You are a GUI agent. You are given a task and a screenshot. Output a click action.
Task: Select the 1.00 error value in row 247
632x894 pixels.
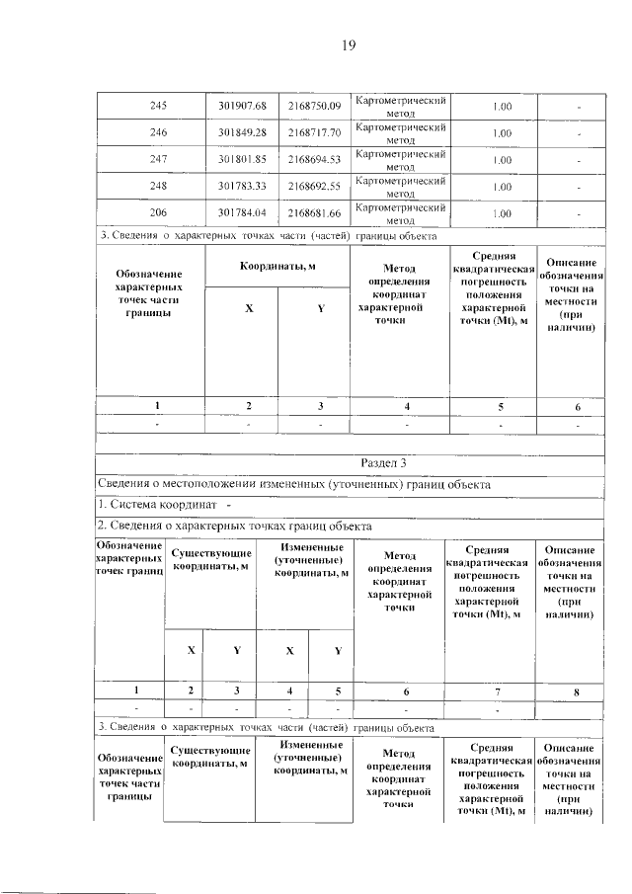[x=501, y=159]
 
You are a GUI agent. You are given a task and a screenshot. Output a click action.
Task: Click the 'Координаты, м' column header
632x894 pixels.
[x=277, y=268]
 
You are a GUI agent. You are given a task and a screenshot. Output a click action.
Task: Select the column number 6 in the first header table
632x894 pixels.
[x=578, y=406]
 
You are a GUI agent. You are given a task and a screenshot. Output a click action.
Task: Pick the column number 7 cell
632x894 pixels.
[x=487, y=690]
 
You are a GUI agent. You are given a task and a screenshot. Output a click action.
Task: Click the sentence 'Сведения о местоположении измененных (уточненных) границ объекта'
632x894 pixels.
[x=293, y=484]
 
